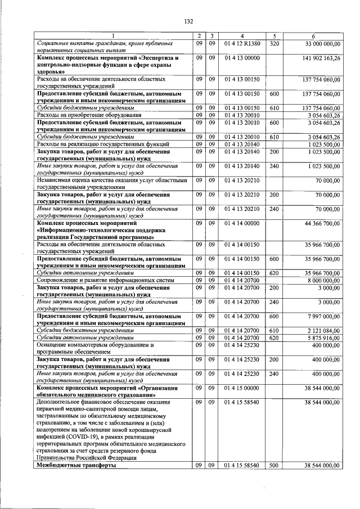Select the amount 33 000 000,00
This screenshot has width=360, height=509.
point(317,43)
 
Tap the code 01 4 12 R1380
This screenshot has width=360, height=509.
point(242,43)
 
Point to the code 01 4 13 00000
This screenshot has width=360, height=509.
point(242,58)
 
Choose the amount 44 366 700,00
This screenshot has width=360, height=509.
point(317,224)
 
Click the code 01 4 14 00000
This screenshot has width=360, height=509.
point(242,224)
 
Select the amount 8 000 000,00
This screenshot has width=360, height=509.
point(318,280)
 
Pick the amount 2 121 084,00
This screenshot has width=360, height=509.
point(318,331)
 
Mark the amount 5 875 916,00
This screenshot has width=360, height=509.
point(318,337)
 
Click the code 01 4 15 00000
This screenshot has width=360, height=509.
point(242,388)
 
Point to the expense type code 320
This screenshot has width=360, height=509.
point(274,43)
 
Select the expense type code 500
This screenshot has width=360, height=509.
point(274,465)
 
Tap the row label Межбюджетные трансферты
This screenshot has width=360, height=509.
point(76,465)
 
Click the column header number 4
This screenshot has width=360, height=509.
point(242,36)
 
